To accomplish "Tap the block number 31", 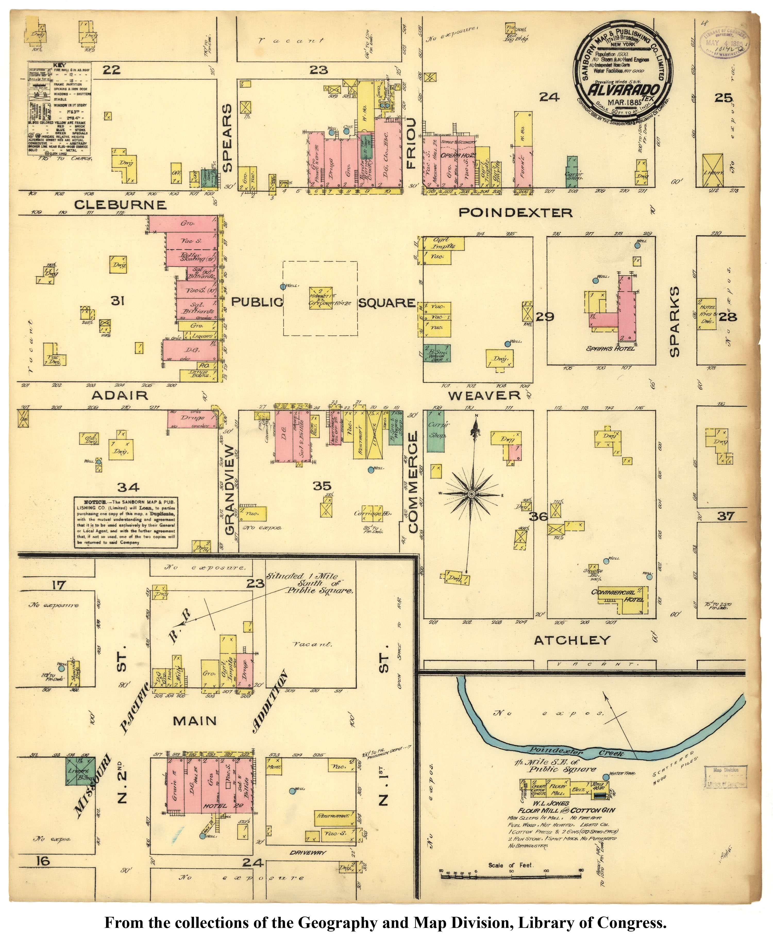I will pyautogui.click(x=117, y=301).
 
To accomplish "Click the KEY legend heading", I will pyautogui.click(x=59, y=65).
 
